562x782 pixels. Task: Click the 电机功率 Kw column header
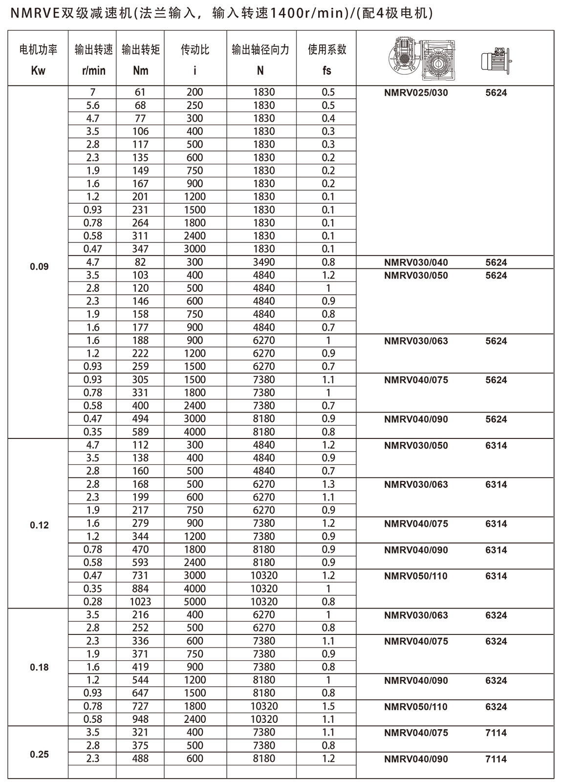tap(38, 60)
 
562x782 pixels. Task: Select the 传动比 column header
tap(195, 60)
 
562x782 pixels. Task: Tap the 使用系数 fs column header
tap(327, 60)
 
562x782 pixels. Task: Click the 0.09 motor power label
tap(39, 267)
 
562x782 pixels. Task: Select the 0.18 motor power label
tap(39, 667)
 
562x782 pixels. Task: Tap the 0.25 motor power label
tap(39, 754)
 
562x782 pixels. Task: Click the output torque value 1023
tap(141, 602)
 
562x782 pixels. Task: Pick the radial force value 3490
tap(264, 262)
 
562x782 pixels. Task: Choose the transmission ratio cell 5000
tap(195, 602)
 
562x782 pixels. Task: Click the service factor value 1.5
tap(328, 706)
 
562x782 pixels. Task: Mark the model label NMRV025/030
tap(416, 92)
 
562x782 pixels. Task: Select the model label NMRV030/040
tap(416, 262)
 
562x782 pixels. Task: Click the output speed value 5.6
tap(92, 105)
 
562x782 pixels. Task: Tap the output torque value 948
tap(141, 719)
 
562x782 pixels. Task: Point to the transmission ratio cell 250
tap(195, 105)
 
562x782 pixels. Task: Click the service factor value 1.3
tap(328, 484)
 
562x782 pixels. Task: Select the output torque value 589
tap(141, 432)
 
